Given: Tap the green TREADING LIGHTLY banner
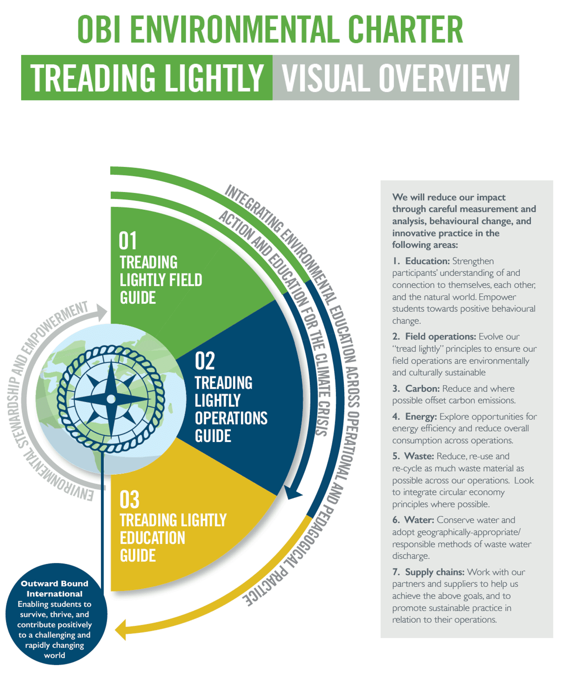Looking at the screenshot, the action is point(147,78).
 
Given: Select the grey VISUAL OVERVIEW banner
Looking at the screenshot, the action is point(396,78).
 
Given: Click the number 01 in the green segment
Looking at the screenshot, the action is point(128,241).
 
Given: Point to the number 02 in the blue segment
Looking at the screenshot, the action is point(205,361).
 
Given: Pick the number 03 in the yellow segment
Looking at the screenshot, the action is point(129,499).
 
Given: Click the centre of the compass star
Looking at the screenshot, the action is point(111,399).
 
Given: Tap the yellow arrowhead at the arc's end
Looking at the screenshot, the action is point(121,629).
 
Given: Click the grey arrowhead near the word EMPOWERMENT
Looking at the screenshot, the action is point(102,312).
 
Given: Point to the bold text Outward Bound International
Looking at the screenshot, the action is point(55,589).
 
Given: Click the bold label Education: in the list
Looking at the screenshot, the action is point(427,261).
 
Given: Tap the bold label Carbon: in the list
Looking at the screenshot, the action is point(422,389).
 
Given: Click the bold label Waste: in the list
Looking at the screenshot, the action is point(419,456).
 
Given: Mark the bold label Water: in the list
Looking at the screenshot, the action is point(419,520).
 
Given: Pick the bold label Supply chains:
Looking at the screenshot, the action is point(435,572).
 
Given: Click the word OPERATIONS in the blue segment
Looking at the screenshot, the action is point(231,419).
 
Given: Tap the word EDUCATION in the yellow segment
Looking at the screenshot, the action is point(152,538).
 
